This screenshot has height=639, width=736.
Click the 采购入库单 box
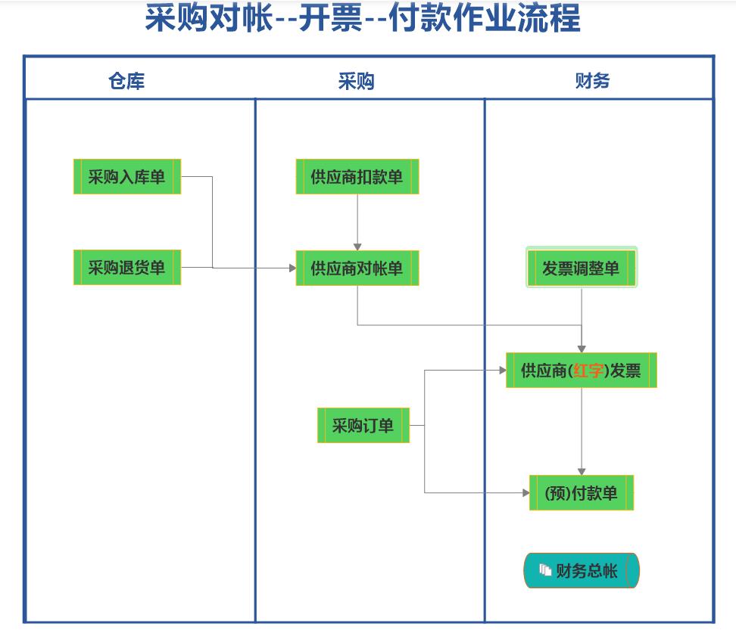click(x=126, y=177)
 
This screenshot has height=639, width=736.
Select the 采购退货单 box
click(x=126, y=268)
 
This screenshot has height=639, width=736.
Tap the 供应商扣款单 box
click(x=357, y=177)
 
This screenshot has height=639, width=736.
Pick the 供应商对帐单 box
click(x=357, y=268)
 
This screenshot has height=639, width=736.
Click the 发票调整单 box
click(x=582, y=268)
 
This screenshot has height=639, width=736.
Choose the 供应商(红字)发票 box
click(x=581, y=371)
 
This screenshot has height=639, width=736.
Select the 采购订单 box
click(x=363, y=425)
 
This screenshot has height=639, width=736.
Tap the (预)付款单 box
click(x=581, y=493)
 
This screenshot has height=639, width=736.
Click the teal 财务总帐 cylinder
click(x=582, y=570)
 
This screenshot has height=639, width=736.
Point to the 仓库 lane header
click(x=126, y=81)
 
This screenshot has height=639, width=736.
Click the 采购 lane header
click(x=356, y=81)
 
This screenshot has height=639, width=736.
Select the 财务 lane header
click(x=592, y=81)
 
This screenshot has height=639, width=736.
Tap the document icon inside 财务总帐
click(x=545, y=570)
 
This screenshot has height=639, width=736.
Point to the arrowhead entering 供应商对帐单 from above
click(x=357, y=247)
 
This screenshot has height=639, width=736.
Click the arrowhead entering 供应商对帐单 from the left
click(x=292, y=268)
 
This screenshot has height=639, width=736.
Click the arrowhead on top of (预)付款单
click(x=582, y=471)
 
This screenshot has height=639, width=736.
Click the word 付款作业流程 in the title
click(x=485, y=19)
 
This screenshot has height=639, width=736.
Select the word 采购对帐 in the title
click(x=208, y=19)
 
